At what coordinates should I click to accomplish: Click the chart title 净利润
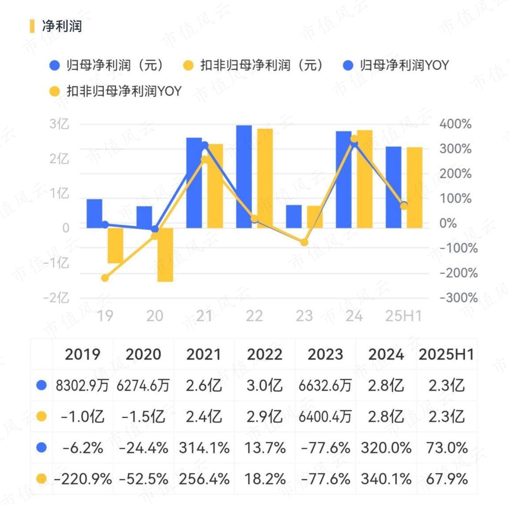pos(62,26)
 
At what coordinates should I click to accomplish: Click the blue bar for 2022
pos(244,176)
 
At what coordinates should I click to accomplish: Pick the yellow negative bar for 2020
pos(165,254)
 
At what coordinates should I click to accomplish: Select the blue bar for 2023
pos(294,216)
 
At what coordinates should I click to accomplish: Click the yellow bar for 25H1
pos(415,187)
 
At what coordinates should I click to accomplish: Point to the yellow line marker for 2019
pos(105,278)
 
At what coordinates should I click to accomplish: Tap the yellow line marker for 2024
pos(354,139)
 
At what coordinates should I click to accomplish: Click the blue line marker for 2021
pos(205,146)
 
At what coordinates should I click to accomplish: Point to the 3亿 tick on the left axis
pos(59,124)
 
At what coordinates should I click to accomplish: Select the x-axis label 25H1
pos(403,316)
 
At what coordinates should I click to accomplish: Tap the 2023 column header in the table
pos(326,355)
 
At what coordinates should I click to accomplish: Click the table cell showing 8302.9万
pos(82,386)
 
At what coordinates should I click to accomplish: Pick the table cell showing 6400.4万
pos(326,417)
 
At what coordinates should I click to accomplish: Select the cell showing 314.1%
pos(204,448)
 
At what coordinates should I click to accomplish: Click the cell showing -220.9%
pos(83,479)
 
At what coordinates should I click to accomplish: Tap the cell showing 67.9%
pos(447,479)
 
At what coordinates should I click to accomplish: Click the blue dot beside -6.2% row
pos(41,448)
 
